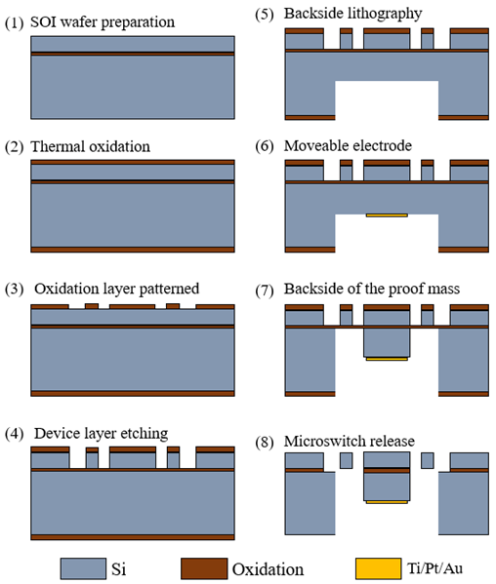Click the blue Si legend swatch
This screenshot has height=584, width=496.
point(83,568)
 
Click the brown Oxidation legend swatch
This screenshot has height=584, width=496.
point(204,568)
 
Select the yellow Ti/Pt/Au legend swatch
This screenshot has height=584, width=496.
point(378,568)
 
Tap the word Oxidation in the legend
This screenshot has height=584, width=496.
point(268,569)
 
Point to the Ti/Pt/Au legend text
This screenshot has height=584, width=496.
point(434,568)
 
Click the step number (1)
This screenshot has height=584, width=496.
point(15,23)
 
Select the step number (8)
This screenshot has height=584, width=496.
point(265,442)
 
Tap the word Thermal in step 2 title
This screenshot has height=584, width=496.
point(58,147)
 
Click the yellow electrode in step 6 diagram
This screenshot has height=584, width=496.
point(387,215)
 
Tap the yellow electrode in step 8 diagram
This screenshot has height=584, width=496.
point(387,502)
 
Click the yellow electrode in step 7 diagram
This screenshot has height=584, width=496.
point(387,359)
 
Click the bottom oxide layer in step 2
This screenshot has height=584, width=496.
point(133,250)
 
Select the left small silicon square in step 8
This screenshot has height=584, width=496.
point(346,461)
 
